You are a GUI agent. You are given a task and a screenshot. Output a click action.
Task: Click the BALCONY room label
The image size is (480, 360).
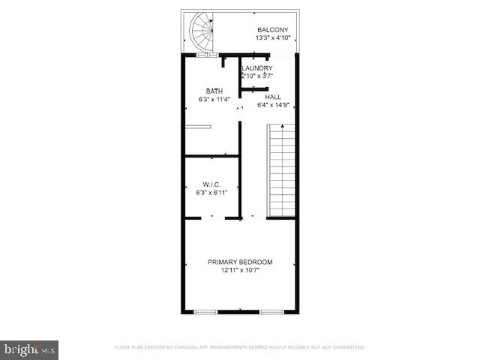click(x=273, y=30)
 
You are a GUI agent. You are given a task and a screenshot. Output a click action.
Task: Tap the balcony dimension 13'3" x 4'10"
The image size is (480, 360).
click(x=273, y=38)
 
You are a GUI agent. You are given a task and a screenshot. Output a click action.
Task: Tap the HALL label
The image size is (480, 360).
click(x=273, y=97)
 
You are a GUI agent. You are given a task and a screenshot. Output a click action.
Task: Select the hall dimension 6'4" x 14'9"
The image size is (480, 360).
click(x=273, y=106)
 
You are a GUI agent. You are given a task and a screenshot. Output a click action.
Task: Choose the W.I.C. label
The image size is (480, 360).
click(x=211, y=184)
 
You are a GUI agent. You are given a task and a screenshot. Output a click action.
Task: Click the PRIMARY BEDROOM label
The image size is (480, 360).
click(x=240, y=262)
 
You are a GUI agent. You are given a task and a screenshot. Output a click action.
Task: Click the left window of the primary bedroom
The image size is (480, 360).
click(x=206, y=311)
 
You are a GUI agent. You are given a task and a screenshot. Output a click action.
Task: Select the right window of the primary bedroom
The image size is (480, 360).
click(x=271, y=311)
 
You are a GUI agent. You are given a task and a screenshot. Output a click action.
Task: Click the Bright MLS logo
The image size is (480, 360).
click(x=29, y=349)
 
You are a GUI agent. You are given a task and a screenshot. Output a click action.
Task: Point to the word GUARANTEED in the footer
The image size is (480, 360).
click(x=347, y=347)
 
